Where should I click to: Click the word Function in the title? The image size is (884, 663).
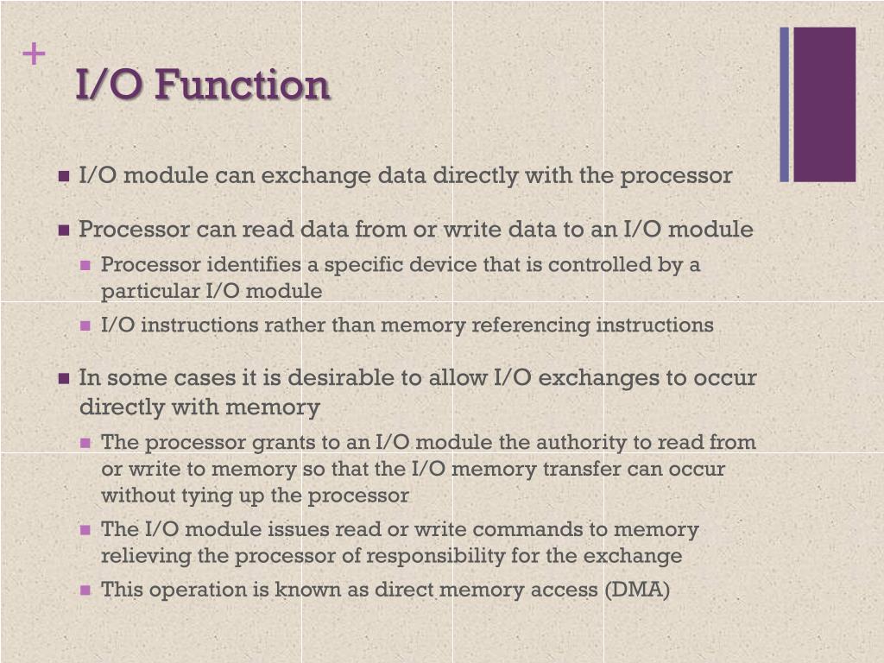pyautogui.click(x=243, y=85)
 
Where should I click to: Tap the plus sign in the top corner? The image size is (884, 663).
pyautogui.click(x=34, y=55)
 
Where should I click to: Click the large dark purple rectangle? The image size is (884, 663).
pyautogui.click(x=824, y=104)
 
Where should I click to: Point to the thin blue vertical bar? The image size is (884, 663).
pyautogui.click(x=784, y=104)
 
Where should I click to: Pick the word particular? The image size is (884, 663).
pyautogui.click(x=150, y=292)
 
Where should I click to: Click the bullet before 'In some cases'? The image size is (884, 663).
pyautogui.click(x=64, y=379)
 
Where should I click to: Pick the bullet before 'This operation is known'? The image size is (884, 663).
pyautogui.click(x=85, y=590)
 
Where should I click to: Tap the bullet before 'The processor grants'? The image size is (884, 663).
pyautogui.click(x=85, y=443)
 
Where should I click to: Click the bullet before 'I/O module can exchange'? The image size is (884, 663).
pyautogui.click(x=64, y=177)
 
